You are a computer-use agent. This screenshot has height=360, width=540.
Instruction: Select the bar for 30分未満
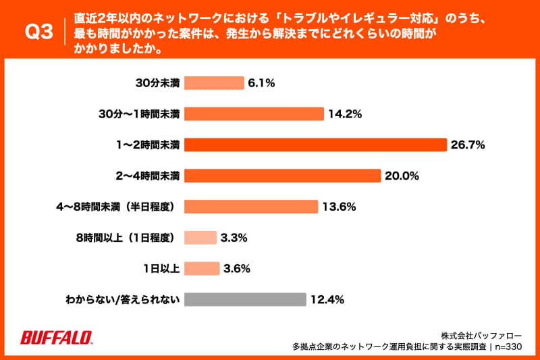tap(214, 83)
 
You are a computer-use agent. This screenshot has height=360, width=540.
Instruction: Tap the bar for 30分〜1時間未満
tap(254, 114)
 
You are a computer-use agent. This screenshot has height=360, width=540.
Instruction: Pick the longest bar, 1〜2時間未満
tap(315, 145)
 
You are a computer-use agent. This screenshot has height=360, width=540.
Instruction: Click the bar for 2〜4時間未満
tap(282, 176)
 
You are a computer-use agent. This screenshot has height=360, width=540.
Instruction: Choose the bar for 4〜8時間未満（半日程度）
tap(250, 207)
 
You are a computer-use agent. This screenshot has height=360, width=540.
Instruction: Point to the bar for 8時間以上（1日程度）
tap(200, 238)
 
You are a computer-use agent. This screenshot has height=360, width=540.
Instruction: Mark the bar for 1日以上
tap(201, 268)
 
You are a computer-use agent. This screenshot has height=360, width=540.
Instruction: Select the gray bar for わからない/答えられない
tap(245, 299)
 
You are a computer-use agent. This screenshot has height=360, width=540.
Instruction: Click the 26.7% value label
tap(470, 145)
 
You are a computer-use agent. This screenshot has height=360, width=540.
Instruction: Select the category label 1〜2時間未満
tap(147, 145)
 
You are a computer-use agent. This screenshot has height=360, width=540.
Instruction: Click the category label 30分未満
tap(157, 83)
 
